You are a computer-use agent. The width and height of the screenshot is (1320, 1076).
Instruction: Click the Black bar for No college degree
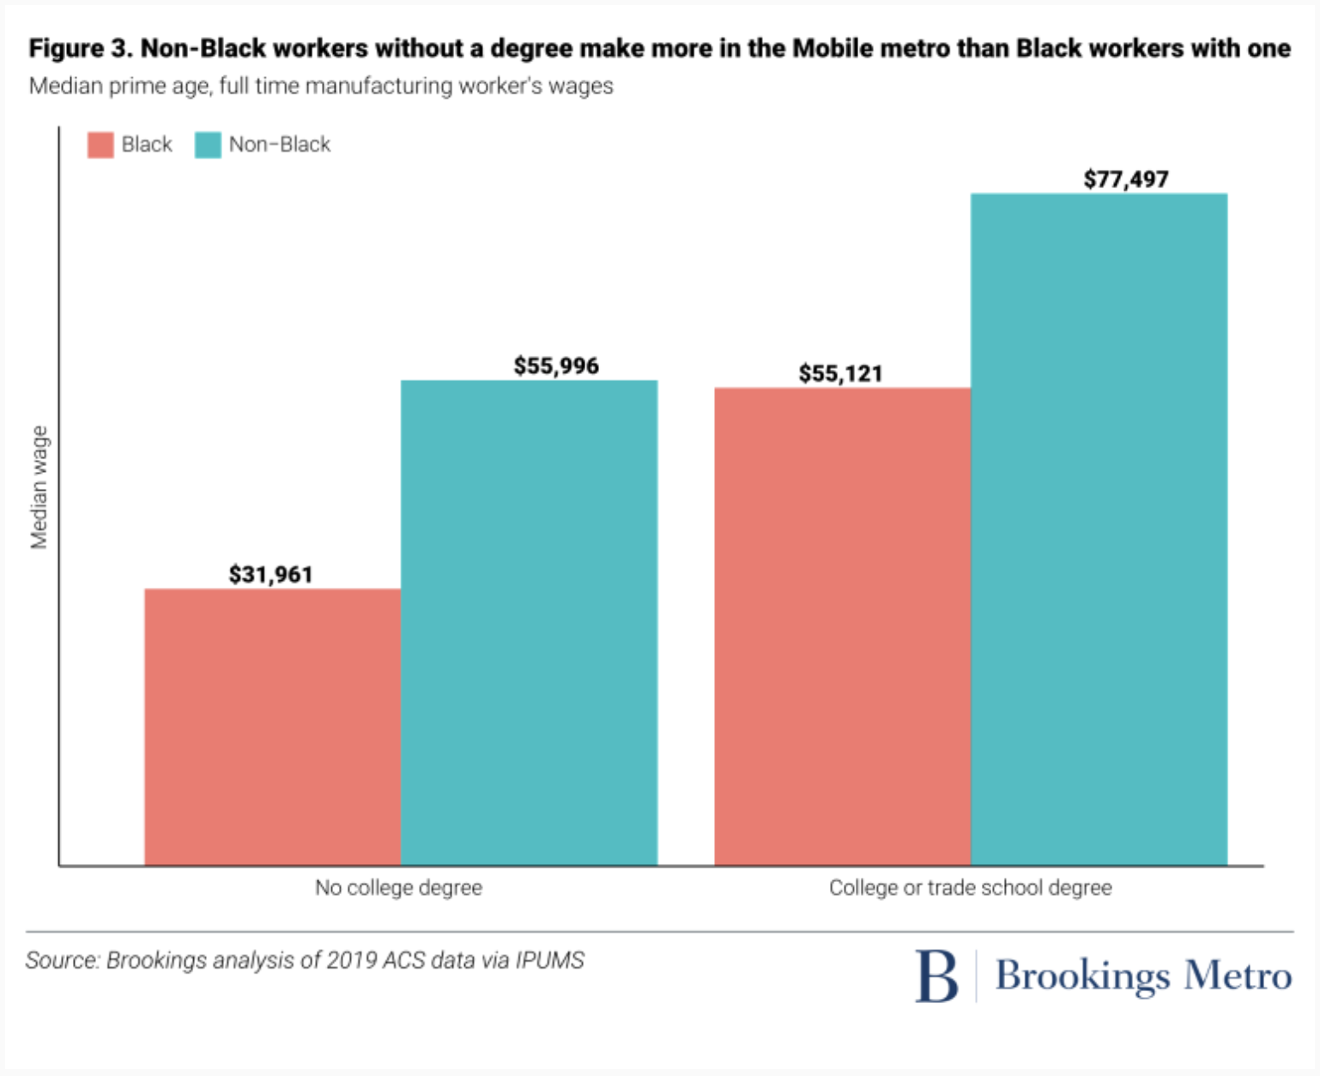(x=272, y=727)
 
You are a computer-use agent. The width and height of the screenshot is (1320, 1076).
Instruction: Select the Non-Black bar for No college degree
(x=529, y=623)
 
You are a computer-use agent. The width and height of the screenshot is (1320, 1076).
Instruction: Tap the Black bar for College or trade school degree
(x=842, y=626)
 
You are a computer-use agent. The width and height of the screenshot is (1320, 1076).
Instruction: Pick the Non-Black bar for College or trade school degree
(x=1099, y=529)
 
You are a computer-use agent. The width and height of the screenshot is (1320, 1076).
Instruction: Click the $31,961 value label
(x=270, y=574)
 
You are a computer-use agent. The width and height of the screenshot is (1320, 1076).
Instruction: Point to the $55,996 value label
(x=556, y=366)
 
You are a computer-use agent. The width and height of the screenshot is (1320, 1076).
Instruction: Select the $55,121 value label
(x=840, y=374)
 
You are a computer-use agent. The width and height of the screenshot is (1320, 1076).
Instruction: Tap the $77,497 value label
(x=1125, y=179)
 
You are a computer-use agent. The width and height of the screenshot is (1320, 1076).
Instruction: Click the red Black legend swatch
(x=100, y=145)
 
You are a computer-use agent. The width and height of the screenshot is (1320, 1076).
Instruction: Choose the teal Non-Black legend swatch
(x=208, y=145)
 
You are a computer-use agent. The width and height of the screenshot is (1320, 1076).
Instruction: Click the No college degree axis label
(x=398, y=887)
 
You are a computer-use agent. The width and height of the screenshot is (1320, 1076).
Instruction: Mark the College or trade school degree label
(x=970, y=887)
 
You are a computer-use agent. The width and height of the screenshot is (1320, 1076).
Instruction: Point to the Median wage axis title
(x=39, y=487)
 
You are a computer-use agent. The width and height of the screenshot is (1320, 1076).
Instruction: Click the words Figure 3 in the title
(x=79, y=49)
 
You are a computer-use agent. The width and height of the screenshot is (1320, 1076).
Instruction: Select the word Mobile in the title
(x=830, y=49)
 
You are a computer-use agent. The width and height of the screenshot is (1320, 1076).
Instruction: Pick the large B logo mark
(x=936, y=976)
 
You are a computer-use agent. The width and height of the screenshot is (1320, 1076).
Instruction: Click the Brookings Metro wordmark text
(x=1143, y=976)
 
